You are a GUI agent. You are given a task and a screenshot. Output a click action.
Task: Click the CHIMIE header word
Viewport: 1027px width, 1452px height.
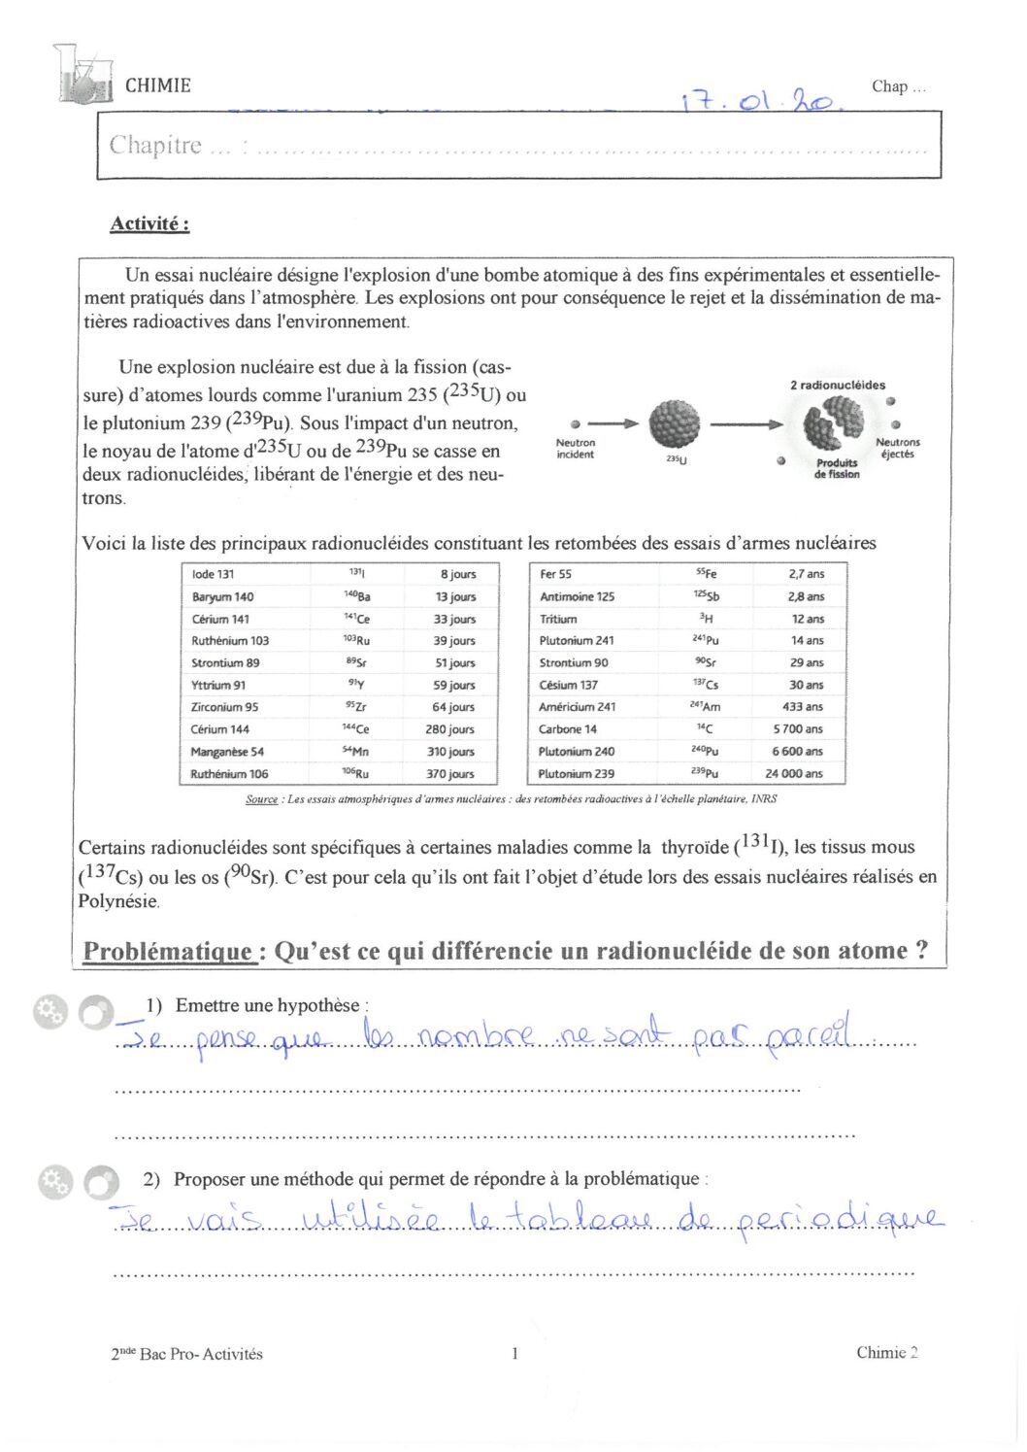click(158, 85)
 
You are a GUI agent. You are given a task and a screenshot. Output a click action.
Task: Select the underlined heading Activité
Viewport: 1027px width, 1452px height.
click(149, 223)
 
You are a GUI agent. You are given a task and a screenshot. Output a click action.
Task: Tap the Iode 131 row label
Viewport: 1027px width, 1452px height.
click(213, 574)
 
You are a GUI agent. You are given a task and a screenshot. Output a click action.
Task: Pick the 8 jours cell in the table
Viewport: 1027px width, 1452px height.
click(458, 574)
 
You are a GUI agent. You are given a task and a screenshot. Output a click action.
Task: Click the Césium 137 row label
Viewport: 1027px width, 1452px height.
click(569, 685)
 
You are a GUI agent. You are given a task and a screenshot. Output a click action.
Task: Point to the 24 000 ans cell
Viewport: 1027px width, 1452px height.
click(793, 773)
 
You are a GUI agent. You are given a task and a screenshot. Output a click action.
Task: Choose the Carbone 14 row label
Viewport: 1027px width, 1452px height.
click(568, 728)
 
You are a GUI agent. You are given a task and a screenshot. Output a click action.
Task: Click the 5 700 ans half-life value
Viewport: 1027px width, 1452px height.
click(797, 728)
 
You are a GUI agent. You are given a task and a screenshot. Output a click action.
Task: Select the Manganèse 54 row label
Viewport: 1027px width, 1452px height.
click(227, 751)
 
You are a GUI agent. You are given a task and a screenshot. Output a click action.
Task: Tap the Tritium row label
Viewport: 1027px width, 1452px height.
click(558, 619)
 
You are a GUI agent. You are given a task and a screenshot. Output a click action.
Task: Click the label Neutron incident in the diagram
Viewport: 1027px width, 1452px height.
click(576, 449)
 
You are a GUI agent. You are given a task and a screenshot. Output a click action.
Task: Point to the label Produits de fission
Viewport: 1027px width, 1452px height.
click(837, 469)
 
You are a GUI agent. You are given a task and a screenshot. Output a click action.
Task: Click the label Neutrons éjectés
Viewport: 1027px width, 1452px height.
click(898, 448)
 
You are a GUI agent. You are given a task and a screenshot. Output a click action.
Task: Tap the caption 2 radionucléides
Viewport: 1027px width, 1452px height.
click(838, 385)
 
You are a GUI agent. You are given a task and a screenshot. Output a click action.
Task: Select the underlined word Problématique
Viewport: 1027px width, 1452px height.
click(169, 951)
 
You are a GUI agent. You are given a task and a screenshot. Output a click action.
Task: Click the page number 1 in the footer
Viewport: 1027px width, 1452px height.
click(514, 1353)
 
